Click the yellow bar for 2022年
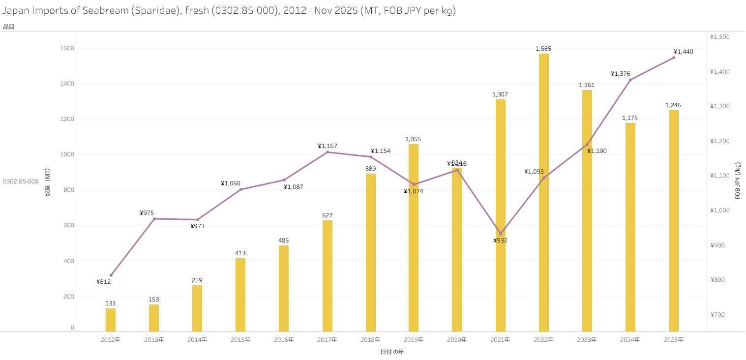click(543, 192)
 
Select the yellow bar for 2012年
click(111, 320)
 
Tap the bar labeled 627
click(328, 275)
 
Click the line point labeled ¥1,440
click(674, 58)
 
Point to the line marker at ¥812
click(111, 275)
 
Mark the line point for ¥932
click(501, 234)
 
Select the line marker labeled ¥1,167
click(328, 152)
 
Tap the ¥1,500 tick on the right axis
click(720, 37)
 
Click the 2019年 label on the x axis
click(414, 340)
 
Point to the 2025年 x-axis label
click(673, 340)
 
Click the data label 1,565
click(543, 49)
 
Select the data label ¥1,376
click(621, 74)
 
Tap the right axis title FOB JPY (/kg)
click(738, 180)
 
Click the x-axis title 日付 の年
click(392, 352)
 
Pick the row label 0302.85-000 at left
click(21, 181)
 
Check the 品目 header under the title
click(9, 27)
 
